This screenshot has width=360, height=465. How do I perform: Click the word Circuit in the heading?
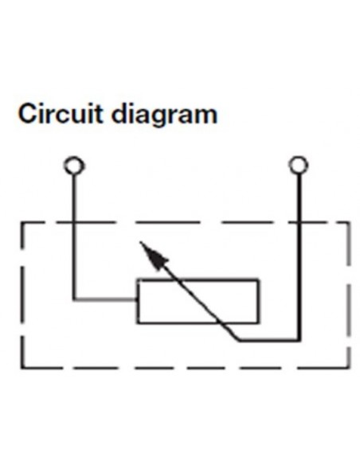point(61,114)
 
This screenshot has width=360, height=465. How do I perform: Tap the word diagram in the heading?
point(165,115)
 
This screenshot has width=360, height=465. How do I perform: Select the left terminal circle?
point(74,165)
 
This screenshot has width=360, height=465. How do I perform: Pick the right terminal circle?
point(299,165)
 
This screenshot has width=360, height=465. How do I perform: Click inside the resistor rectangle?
point(198,301)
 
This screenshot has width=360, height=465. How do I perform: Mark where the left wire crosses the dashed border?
point(74,222)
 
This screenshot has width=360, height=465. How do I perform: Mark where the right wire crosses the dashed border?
point(299,222)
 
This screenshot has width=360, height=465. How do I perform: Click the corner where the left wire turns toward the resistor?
point(74,299)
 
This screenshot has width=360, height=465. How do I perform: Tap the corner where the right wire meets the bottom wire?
point(299,340)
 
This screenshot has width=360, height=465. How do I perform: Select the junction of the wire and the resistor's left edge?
point(137,299)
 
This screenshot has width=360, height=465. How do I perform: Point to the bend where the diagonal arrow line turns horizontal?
point(239,340)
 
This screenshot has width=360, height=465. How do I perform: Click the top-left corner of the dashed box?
point(22,222)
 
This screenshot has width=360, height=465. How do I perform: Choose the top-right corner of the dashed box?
point(349,222)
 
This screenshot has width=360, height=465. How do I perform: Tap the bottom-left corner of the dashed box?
point(22,368)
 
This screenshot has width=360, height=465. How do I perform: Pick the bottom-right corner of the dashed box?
point(349,368)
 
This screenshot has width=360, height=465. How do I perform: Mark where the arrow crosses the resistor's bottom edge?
point(221,322)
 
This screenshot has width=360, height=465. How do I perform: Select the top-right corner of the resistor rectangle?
point(259,279)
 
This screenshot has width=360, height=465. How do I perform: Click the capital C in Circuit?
point(28,114)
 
